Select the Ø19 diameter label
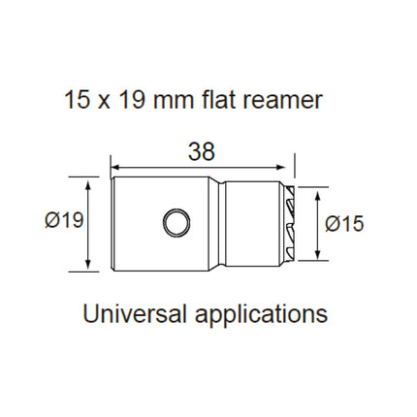pyautogui.click(x=63, y=223)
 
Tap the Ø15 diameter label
pyautogui.click(x=344, y=223)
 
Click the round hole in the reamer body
pyautogui.click(x=176, y=224)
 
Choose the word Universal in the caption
pyautogui.click(x=136, y=315)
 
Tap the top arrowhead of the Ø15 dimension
pyautogui.click(x=317, y=191)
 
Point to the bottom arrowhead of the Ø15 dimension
pyautogui.click(x=317, y=255)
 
